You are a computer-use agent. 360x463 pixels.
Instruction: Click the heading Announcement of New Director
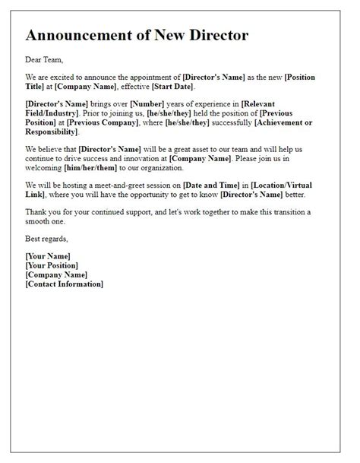tap(137, 36)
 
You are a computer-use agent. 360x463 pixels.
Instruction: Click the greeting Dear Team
tap(43, 59)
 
